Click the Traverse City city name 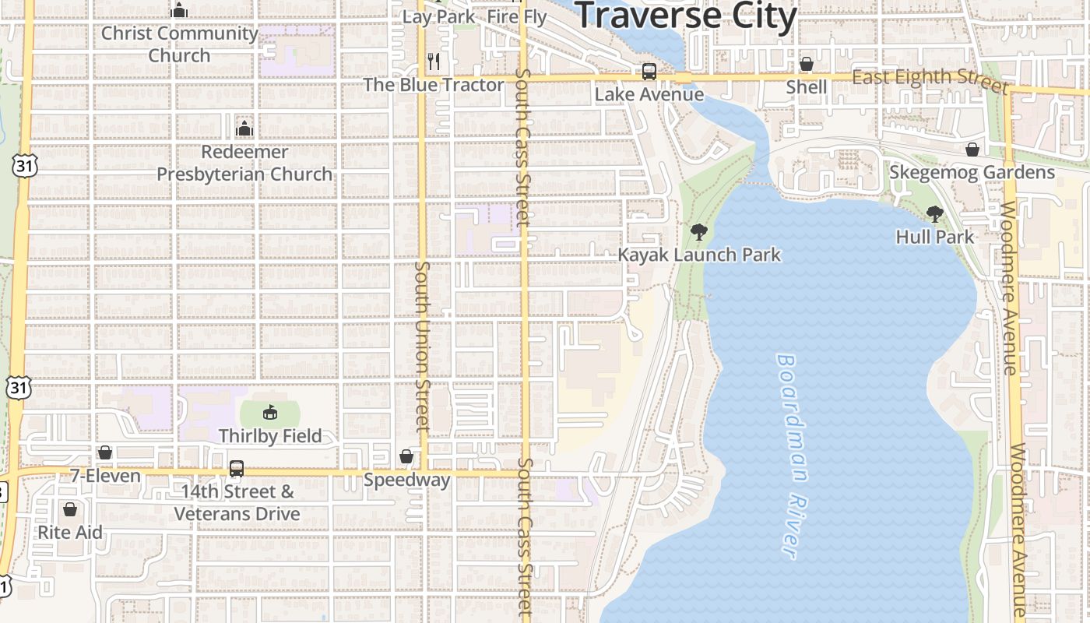point(686,16)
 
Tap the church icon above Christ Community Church point(180,10)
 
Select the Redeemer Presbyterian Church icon point(244,128)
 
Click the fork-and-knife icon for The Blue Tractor point(434,62)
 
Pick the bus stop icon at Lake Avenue point(649,72)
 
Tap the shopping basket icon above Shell point(807,64)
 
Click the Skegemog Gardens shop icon point(972,150)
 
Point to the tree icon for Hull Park point(934,214)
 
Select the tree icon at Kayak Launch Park point(698,231)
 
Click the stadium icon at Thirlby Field point(269,413)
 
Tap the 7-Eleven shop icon point(105,452)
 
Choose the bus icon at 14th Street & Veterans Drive point(237,469)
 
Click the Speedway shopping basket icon point(406,456)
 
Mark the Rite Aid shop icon point(70,509)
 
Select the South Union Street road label point(422,347)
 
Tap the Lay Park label point(438,16)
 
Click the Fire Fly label point(517,16)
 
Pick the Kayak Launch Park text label point(698,255)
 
